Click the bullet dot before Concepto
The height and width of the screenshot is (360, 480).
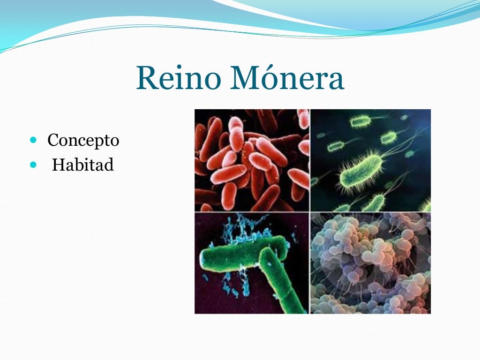[x=32, y=140]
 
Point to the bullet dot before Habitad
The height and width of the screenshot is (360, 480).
[x=32, y=165]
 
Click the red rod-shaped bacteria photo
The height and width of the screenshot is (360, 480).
[x=252, y=160]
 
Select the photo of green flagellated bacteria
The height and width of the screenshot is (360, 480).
[x=371, y=160]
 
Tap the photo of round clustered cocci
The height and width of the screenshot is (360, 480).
[x=371, y=263]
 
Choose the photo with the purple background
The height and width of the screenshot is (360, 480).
[x=252, y=263]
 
